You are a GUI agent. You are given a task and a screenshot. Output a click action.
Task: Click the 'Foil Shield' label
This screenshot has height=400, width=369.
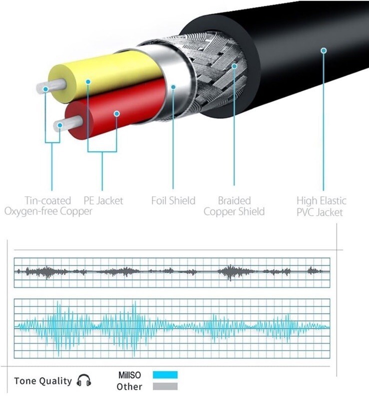[x=173, y=201]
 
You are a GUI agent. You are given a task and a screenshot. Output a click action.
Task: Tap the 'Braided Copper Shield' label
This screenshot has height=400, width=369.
[x=234, y=206]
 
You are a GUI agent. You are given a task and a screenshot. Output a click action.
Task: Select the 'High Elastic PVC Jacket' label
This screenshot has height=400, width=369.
[x=322, y=206]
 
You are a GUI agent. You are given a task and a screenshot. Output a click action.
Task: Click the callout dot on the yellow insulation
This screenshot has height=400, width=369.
[x=87, y=81]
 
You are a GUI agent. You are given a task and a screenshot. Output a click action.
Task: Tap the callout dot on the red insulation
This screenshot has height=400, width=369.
[x=116, y=114]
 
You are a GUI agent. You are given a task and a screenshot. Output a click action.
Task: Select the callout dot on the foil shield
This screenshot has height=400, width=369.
[x=173, y=86]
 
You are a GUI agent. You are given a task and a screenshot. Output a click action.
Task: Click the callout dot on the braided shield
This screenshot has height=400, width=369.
[x=234, y=65]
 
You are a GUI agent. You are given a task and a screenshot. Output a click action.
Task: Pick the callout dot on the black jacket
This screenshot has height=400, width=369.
[x=323, y=50]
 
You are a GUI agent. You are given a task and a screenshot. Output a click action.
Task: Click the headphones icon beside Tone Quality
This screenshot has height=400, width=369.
[x=84, y=381]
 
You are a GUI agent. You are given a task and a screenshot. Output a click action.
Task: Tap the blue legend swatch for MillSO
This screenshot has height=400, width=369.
[x=165, y=375]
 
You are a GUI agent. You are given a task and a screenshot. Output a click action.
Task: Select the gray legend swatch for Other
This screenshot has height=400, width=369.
[x=165, y=386]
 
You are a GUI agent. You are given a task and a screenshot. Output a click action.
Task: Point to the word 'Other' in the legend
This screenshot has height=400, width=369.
[x=129, y=387]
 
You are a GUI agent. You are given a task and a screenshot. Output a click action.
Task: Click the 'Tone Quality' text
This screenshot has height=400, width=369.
[x=43, y=381]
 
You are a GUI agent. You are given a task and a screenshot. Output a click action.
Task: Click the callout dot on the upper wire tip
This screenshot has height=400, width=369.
[x=46, y=89]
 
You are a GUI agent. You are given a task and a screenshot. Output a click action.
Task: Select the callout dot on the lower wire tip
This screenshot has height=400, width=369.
[x=60, y=124]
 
